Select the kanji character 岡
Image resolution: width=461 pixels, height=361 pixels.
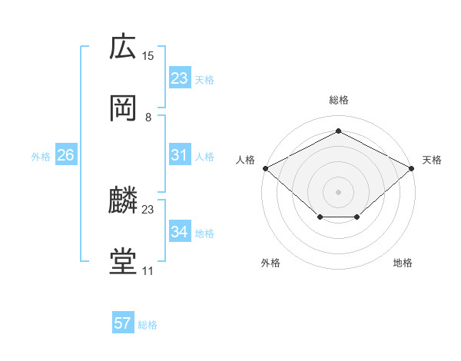(123, 109)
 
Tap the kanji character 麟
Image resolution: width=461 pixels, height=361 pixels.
(123, 201)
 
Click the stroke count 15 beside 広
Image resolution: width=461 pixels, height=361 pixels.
(148, 55)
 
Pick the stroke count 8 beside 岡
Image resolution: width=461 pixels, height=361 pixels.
(148, 118)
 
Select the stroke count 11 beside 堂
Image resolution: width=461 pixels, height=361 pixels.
(148, 271)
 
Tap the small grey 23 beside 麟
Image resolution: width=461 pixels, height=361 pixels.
(148, 209)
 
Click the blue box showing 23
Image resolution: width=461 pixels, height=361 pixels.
(179, 78)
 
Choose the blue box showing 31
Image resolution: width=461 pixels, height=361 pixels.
(179, 155)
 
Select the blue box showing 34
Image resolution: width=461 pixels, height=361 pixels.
(179, 232)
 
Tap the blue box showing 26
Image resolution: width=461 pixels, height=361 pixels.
(66, 155)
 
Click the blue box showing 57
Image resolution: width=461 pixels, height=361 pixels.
(123, 323)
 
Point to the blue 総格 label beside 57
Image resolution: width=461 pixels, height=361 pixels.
(148, 325)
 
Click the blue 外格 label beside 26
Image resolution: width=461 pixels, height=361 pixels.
(41, 157)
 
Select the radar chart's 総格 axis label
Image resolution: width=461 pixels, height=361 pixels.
(338, 100)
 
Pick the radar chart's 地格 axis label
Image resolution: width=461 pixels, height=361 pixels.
(403, 263)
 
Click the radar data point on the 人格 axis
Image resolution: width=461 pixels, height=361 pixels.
(265, 168)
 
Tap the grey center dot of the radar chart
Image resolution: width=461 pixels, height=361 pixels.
(338, 191)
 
